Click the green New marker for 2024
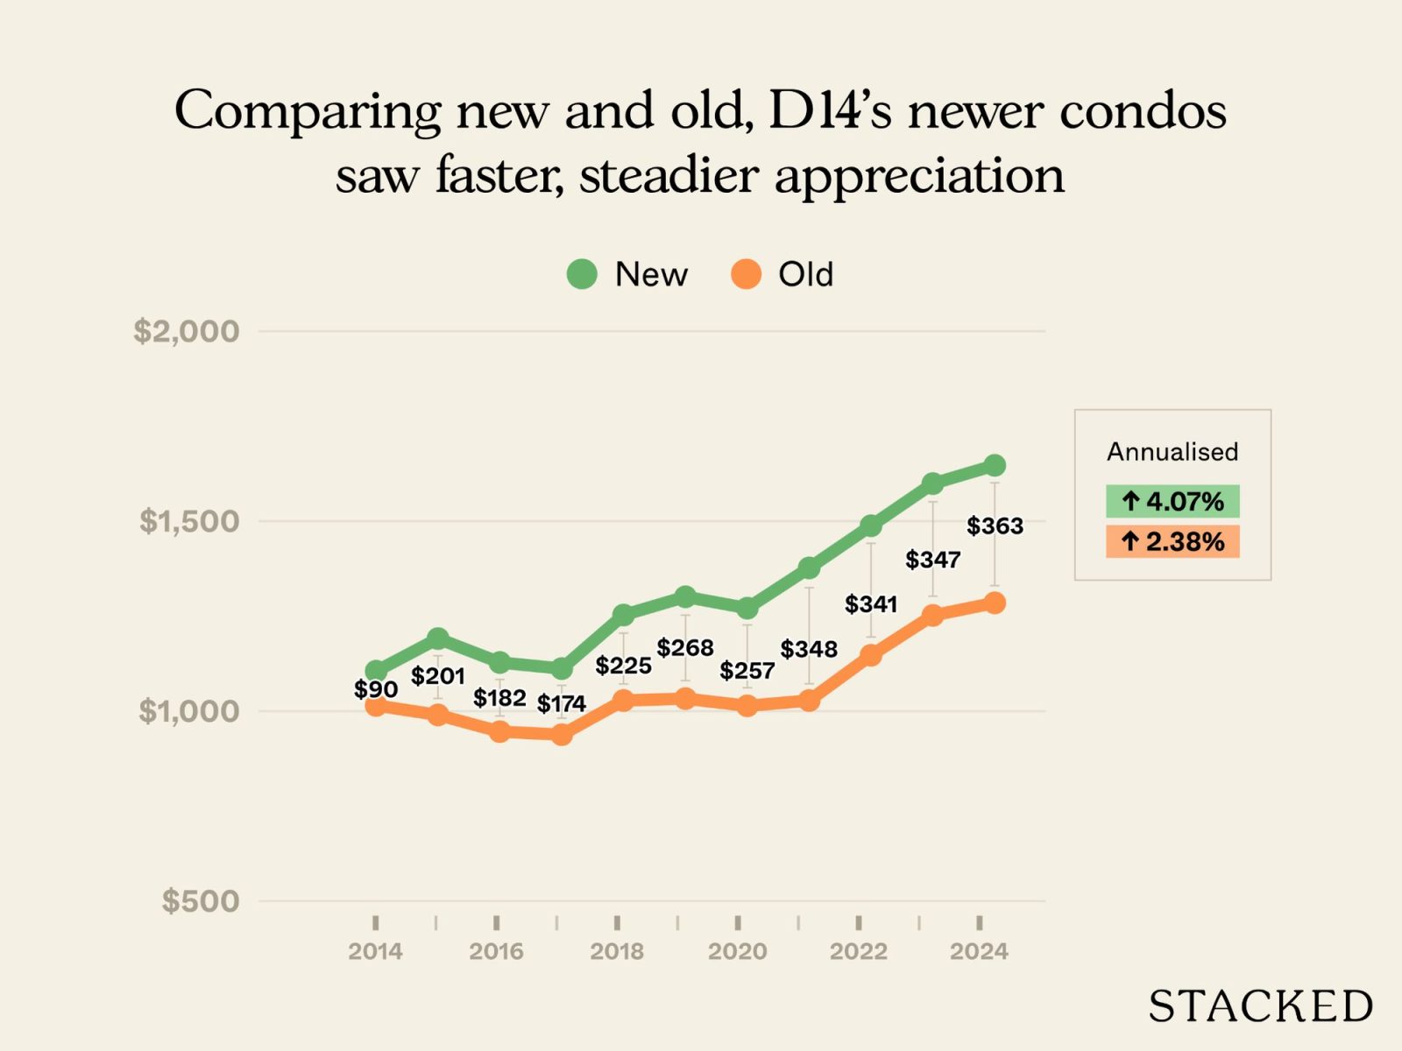pos(995,465)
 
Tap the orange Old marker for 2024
pos(995,603)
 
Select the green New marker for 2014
pos(375,671)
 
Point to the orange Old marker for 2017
pos(562,734)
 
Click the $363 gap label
pos(995,525)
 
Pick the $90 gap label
pos(376,689)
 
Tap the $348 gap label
pos(809,649)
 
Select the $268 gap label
pos(685,647)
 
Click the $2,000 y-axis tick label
pos(186,331)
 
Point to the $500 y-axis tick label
pos(200,900)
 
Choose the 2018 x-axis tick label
pos(617,951)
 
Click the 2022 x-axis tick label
pos(859,951)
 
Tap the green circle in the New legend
pos(582,274)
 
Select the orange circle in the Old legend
pos(746,274)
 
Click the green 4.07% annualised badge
pos(1172,501)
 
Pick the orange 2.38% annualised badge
pos(1172,541)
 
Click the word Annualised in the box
pos(1172,452)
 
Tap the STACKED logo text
pos(1260,1006)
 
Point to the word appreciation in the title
pos(919,175)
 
